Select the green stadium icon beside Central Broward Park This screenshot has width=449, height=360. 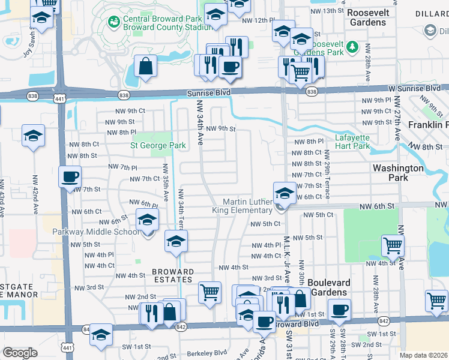112,21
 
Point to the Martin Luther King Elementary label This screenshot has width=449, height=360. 243,206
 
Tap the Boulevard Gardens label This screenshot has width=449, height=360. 327,287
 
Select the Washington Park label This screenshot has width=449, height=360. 398,173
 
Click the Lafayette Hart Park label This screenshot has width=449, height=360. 352,141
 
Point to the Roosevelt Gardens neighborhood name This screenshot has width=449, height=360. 368,17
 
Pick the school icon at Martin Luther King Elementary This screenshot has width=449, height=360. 283,193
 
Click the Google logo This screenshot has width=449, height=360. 20,353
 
